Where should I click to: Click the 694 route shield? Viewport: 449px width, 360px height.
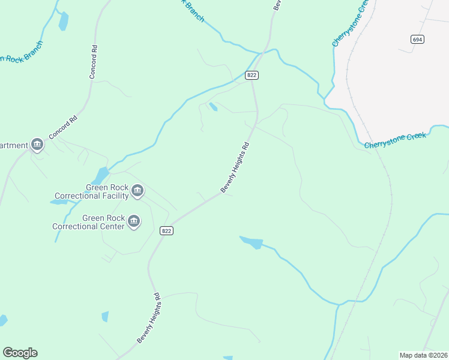pos(418,39)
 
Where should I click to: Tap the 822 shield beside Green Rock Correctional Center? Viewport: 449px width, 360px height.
pos(167,231)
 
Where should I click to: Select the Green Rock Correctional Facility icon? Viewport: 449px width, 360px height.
pos(137,191)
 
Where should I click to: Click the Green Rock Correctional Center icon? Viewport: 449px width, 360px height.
pos(134,222)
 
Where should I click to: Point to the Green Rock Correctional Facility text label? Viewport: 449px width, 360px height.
pos(91,191)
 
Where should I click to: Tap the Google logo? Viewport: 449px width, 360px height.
pos(20,353)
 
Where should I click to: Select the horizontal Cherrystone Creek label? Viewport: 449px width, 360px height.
pos(395,140)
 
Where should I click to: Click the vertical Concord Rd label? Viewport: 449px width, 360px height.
pos(93,61)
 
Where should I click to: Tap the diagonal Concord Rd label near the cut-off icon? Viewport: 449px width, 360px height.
pos(64,127)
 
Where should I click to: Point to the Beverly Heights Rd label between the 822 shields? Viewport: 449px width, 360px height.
pos(235,167)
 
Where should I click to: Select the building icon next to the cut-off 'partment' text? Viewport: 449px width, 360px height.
pos(37,145)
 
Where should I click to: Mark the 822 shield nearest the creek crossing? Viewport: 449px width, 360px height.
pos(252,75)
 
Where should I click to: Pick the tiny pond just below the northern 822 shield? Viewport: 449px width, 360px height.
pos(212,107)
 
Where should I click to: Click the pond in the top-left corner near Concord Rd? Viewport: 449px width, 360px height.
pos(63,22)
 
